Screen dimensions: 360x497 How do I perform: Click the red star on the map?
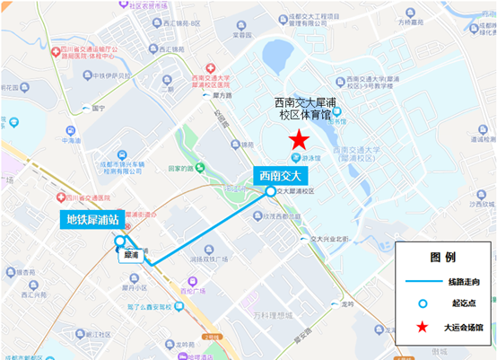click(x=298, y=140)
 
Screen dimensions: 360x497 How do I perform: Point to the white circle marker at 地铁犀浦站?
click(x=120, y=241)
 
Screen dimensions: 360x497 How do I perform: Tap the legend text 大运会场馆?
click(x=466, y=327)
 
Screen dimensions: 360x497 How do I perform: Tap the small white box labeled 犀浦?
click(x=132, y=254)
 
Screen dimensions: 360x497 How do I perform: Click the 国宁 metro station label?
click(x=98, y=109)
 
